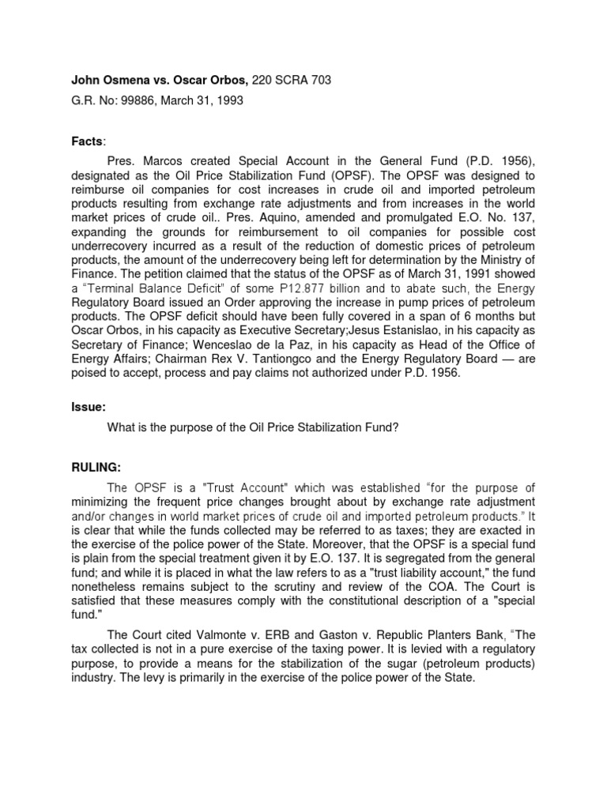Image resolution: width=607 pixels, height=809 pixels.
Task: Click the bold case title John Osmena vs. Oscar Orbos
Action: [160, 80]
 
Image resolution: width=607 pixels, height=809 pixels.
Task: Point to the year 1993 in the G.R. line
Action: [228, 100]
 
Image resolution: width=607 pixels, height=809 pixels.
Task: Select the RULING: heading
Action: [96, 468]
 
